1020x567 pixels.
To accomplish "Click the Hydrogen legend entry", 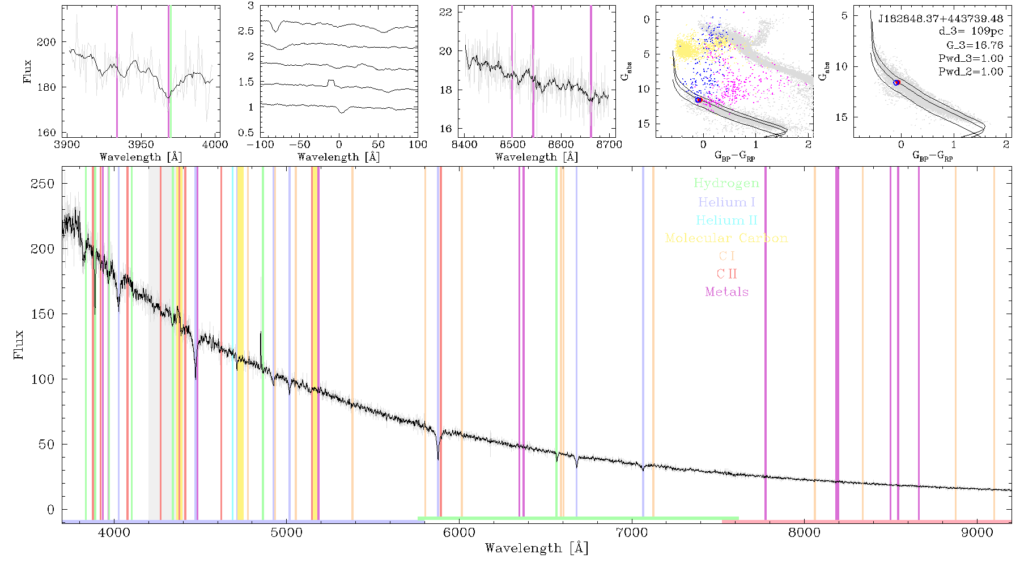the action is [726, 183].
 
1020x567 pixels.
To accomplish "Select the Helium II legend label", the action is [726, 220].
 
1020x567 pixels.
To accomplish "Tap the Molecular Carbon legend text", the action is [726, 238].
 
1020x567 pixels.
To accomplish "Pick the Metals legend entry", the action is [726, 291].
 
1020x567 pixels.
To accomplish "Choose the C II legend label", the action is [726, 274].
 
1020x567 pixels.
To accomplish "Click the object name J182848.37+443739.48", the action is [941, 19].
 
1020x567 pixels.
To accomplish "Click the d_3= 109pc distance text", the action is [971, 32].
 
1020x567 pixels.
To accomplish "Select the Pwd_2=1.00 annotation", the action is [971, 71].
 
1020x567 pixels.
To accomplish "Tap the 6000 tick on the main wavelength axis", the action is [459, 532].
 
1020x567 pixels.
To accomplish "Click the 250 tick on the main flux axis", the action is [44, 183].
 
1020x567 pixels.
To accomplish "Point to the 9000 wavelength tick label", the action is [976, 532].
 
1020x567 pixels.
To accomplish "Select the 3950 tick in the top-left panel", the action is [141, 145].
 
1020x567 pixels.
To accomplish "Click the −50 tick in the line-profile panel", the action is [299, 145].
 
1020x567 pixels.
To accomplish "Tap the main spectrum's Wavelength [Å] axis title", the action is [537, 548].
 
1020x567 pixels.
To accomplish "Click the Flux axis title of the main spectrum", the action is [19, 344].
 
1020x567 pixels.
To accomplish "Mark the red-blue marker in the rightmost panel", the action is [896, 83].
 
